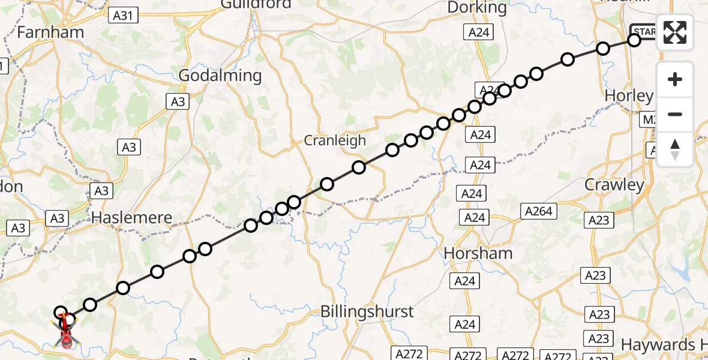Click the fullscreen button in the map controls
pos(675,32)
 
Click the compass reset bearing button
pos(675,149)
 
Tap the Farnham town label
pos(50,32)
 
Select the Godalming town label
pos(221,76)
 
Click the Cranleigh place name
pos(335,140)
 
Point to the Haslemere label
pos(131,218)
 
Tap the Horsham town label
pos(478,253)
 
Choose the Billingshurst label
pos(367,311)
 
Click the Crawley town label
pos(614,185)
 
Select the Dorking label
pos(478,8)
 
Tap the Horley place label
pos(629,95)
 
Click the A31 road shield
pos(123,16)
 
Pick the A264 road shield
pos(539,211)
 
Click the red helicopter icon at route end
pos(67,334)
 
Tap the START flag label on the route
pos(643,32)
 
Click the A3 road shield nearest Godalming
pos(178,101)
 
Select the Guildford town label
pos(256,5)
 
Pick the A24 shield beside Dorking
pos(479,32)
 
